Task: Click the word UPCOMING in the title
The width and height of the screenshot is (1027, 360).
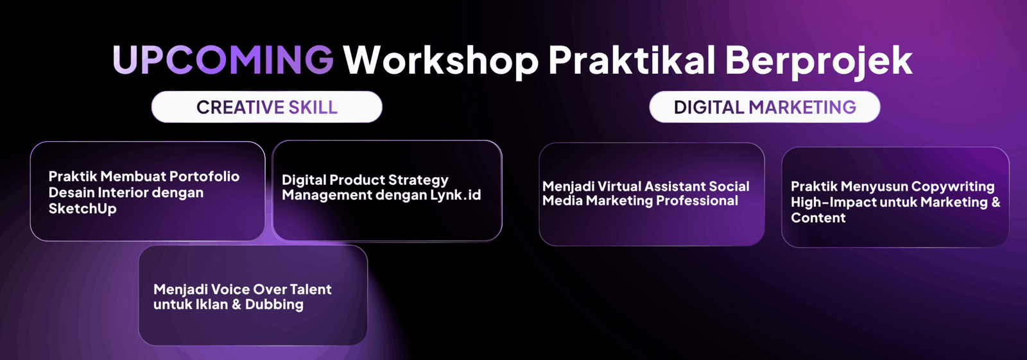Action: pyautogui.click(x=223, y=60)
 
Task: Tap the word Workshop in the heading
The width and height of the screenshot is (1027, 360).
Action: pyautogui.click(x=441, y=61)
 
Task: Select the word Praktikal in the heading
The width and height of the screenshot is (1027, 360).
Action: pyautogui.click(x=632, y=60)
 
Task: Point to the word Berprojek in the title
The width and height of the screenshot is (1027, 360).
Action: pyautogui.click(x=819, y=61)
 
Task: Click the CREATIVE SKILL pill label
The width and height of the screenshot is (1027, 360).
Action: pyautogui.click(x=267, y=107)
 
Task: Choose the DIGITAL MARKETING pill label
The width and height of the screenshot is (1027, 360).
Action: pyautogui.click(x=764, y=107)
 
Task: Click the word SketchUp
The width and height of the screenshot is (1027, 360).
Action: pyautogui.click(x=83, y=209)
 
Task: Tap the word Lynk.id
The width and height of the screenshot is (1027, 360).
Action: pyautogui.click(x=455, y=195)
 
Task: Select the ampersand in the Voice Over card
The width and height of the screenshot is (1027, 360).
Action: pyautogui.click(x=237, y=305)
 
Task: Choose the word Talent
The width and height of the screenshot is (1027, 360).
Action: pyautogui.click(x=310, y=289)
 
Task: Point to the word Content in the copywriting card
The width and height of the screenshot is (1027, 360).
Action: pyautogui.click(x=818, y=218)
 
